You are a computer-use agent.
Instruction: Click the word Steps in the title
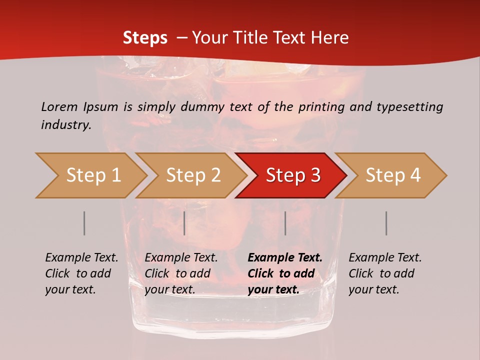pyautogui.click(x=145, y=38)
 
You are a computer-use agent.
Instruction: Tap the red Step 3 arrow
pyautogui.click(x=292, y=175)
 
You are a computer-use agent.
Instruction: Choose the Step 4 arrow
pyautogui.click(x=393, y=175)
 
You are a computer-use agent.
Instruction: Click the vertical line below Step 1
pyautogui.click(x=84, y=223)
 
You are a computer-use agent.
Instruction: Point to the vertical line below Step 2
pyautogui.click(x=184, y=223)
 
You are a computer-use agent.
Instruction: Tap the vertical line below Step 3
pyautogui.click(x=285, y=223)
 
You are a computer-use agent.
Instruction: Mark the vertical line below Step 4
pyautogui.click(x=386, y=223)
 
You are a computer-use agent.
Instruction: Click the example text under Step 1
pyautogui.click(x=81, y=273)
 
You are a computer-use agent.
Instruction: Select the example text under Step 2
pyautogui.click(x=180, y=273)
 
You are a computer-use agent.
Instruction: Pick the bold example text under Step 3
pyautogui.click(x=284, y=273)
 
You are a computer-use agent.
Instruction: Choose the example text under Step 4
pyautogui.click(x=384, y=273)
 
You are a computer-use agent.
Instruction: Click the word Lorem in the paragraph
pyautogui.click(x=59, y=106)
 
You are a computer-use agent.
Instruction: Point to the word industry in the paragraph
pyautogui.click(x=65, y=124)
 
